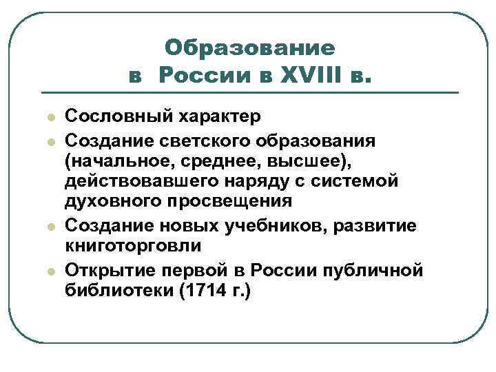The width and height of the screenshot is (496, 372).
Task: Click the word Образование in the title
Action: pyautogui.click(x=250, y=48)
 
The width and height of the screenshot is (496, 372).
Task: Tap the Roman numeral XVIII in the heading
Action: pyautogui.click(x=306, y=74)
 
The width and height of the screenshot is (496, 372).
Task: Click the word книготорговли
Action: pyautogui.click(x=133, y=246)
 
